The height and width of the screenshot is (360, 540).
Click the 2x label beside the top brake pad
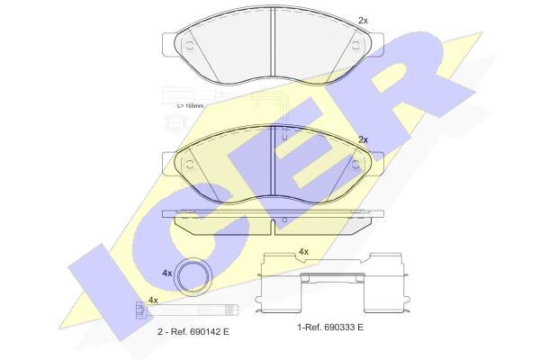coord(363,21)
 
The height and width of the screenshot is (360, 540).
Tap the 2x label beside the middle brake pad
coord(363,139)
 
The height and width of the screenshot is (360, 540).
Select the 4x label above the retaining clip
coord(303,252)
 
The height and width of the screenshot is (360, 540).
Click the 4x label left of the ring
coord(167,274)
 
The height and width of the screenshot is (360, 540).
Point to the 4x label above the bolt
coord(153,301)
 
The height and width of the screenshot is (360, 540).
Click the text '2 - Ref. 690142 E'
coord(193,332)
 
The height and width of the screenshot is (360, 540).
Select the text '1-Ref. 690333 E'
coord(330,328)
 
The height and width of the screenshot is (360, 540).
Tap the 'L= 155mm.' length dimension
coord(191,106)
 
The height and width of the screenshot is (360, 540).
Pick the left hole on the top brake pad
coord(189,45)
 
